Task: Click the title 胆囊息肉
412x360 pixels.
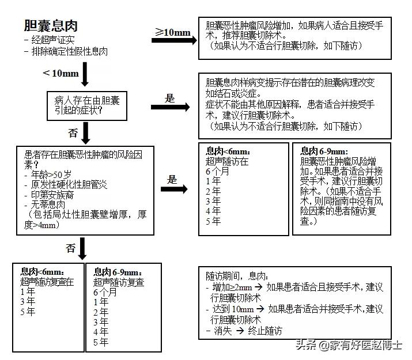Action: point(51,26)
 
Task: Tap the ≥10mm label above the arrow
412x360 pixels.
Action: point(172,32)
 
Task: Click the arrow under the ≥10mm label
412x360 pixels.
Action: point(174,40)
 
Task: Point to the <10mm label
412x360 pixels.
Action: point(61,73)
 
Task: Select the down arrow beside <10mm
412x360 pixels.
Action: point(85,74)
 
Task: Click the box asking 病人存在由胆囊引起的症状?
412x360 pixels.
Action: point(87,106)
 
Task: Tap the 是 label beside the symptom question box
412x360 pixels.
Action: point(170,98)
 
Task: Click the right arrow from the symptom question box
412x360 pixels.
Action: point(170,107)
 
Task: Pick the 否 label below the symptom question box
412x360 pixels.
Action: point(73,133)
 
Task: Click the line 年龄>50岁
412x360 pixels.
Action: point(48,175)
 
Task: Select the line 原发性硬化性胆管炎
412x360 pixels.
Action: point(66,184)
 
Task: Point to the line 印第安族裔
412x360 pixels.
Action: point(49,195)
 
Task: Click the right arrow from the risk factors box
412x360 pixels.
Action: point(174,189)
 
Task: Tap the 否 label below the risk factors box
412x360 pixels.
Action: point(71,248)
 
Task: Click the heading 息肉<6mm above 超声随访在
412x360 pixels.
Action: point(228,151)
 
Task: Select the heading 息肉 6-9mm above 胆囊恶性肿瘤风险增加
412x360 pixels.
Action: point(324,151)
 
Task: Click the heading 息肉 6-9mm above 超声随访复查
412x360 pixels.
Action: point(118,272)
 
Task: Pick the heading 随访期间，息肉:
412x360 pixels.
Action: point(237,276)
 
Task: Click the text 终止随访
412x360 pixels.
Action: point(265,331)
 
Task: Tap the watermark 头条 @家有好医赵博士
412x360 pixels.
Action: point(349,345)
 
